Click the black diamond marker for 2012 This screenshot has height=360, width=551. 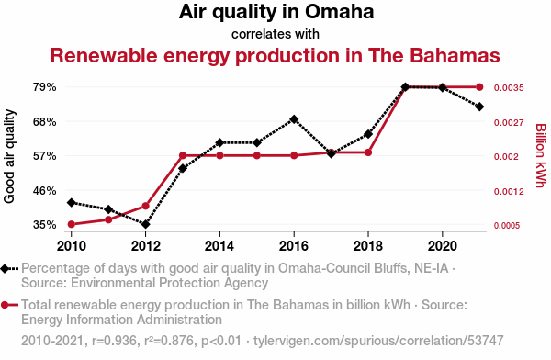[146, 224]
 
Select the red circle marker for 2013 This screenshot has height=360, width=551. [183, 155]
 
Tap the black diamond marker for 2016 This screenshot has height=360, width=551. [294, 119]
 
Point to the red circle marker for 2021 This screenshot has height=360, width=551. [479, 87]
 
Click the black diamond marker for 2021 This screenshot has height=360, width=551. [479, 107]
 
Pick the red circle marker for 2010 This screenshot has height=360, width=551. [72, 224]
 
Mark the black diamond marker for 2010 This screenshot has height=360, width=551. [72, 202]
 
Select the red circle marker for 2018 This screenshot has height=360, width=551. [368, 152]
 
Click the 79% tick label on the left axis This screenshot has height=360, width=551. [45, 87]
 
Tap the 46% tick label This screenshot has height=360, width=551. [45, 190]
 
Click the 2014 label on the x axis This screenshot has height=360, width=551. [219, 246]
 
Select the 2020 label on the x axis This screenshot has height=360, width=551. [443, 246]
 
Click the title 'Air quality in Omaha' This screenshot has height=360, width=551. [276, 12]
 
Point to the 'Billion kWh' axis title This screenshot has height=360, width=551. [541, 155]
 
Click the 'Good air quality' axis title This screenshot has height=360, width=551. [9, 156]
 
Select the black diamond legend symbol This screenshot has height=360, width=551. [5, 268]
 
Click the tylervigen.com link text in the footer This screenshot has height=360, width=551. [378, 341]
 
